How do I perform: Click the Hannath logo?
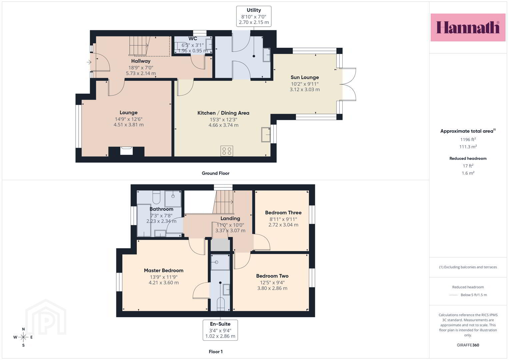point(468,27)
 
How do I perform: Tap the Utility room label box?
point(254,16)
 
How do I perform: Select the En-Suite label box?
point(220,330)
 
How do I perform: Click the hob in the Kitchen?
point(227,151)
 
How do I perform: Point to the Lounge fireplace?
point(126,151)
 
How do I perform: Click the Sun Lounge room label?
point(305,77)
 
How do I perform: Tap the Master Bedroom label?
point(164,270)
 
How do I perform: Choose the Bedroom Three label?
point(283,213)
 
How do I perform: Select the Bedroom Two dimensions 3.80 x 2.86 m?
point(272,288)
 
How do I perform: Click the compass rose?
point(23,337)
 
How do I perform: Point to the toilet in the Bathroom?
point(156,197)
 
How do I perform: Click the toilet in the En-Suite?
point(221,304)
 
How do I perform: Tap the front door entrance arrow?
point(89,62)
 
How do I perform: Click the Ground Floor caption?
point(216,173)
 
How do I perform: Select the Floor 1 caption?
point(216,352)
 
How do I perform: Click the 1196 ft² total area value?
point(468,139)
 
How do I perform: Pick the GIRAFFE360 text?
point(468,345)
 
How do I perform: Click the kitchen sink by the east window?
point(266,135)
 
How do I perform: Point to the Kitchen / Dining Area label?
point(223,113)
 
